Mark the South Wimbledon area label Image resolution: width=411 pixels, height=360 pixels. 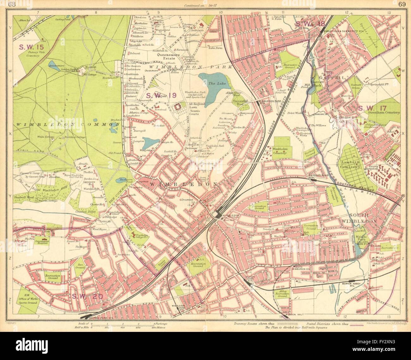[360, 219]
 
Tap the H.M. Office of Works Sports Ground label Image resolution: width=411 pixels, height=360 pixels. [29, 298]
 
